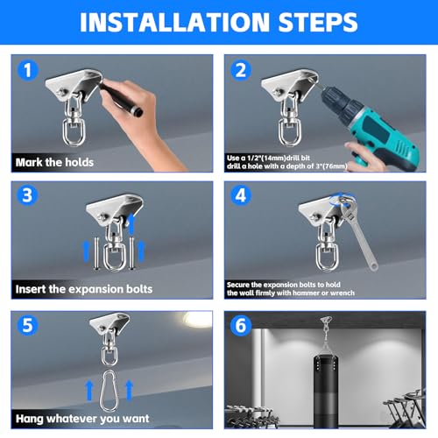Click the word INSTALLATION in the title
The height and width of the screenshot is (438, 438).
(x=174, y=22)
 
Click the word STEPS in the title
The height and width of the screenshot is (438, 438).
(x=318, y=22)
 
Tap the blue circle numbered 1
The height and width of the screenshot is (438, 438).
(x=28, y=70)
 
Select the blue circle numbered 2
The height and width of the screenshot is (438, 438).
(x=241, y=70)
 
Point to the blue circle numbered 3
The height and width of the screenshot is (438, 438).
(x=27, y=195)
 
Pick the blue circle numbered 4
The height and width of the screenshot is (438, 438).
(x=241, y=195)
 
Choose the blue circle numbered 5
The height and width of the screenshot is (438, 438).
(x=28, y=325)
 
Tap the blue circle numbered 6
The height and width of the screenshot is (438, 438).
(x=241, y=325)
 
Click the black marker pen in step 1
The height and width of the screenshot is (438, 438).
(x=121, y=98)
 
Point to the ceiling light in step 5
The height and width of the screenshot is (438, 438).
(x=197, y=319)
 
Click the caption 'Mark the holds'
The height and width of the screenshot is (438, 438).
(x=54, y=162)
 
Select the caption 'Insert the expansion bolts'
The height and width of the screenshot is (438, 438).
(x=84, y=289)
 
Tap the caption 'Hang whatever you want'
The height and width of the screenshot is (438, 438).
(x=82, y=419)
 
